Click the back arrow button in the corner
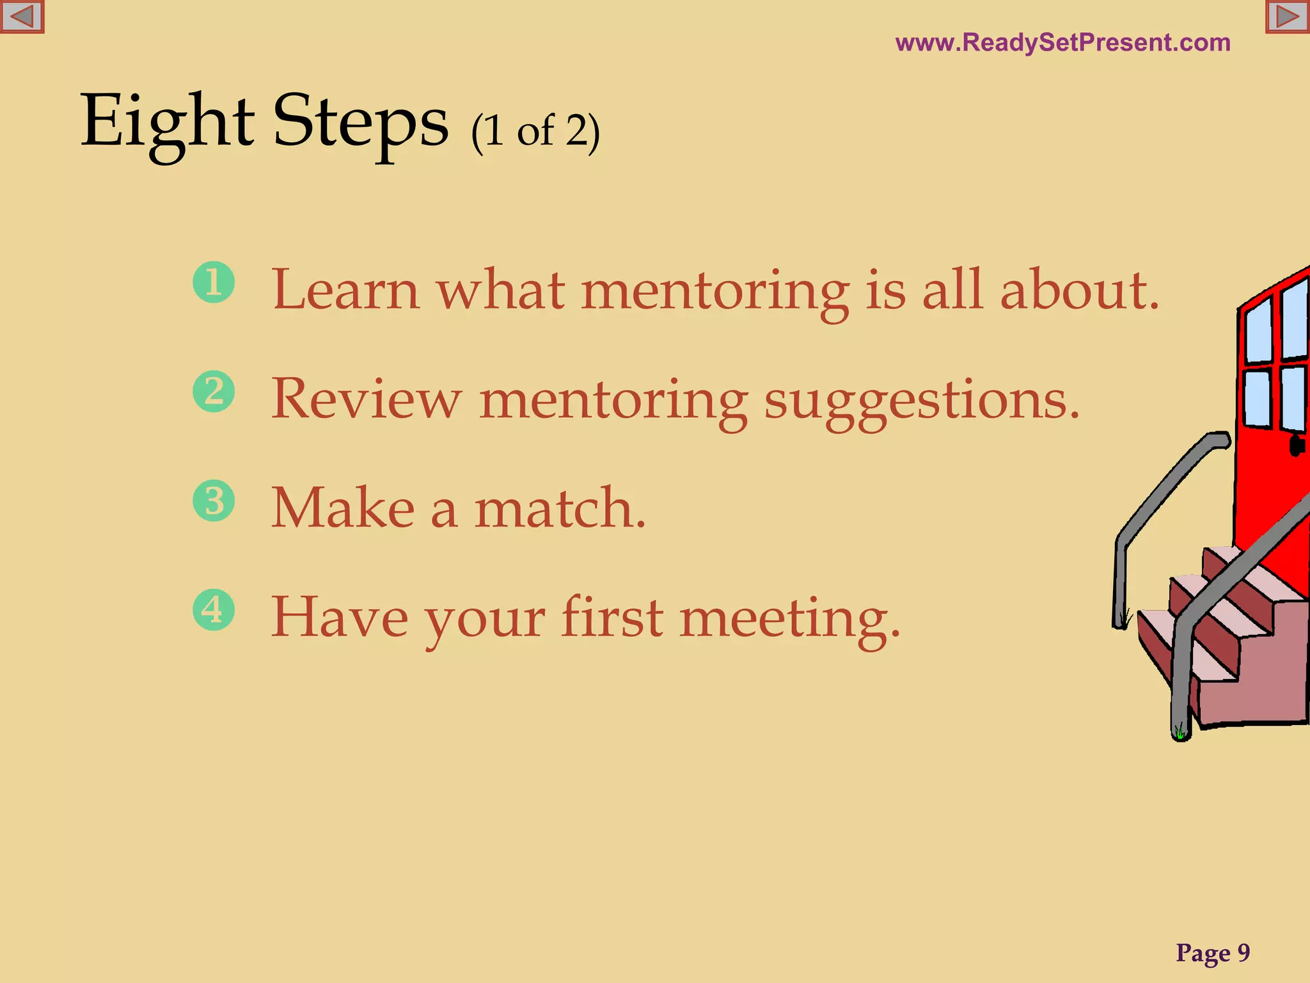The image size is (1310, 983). click(22, 17)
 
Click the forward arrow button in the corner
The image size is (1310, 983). click(1288, 17)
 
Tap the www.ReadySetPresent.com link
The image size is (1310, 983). click(1062, 43)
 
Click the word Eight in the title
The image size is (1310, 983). click(168, 122)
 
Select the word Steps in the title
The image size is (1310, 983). click(361, 122)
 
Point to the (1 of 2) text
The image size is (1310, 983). click(535, 131)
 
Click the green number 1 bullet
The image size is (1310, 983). click(214, 282)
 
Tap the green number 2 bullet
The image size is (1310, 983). click(214, 391)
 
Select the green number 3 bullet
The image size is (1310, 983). click(214, 500)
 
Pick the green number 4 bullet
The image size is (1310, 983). click(214, 609)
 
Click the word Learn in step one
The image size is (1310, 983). click(345, 291)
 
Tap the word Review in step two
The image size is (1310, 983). click(366, 399)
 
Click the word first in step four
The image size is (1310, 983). click(612, 617)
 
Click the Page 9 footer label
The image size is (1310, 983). click(1213, 953)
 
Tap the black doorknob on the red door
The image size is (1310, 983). click(1297, 445)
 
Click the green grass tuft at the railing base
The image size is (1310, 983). click(1180, 731)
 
